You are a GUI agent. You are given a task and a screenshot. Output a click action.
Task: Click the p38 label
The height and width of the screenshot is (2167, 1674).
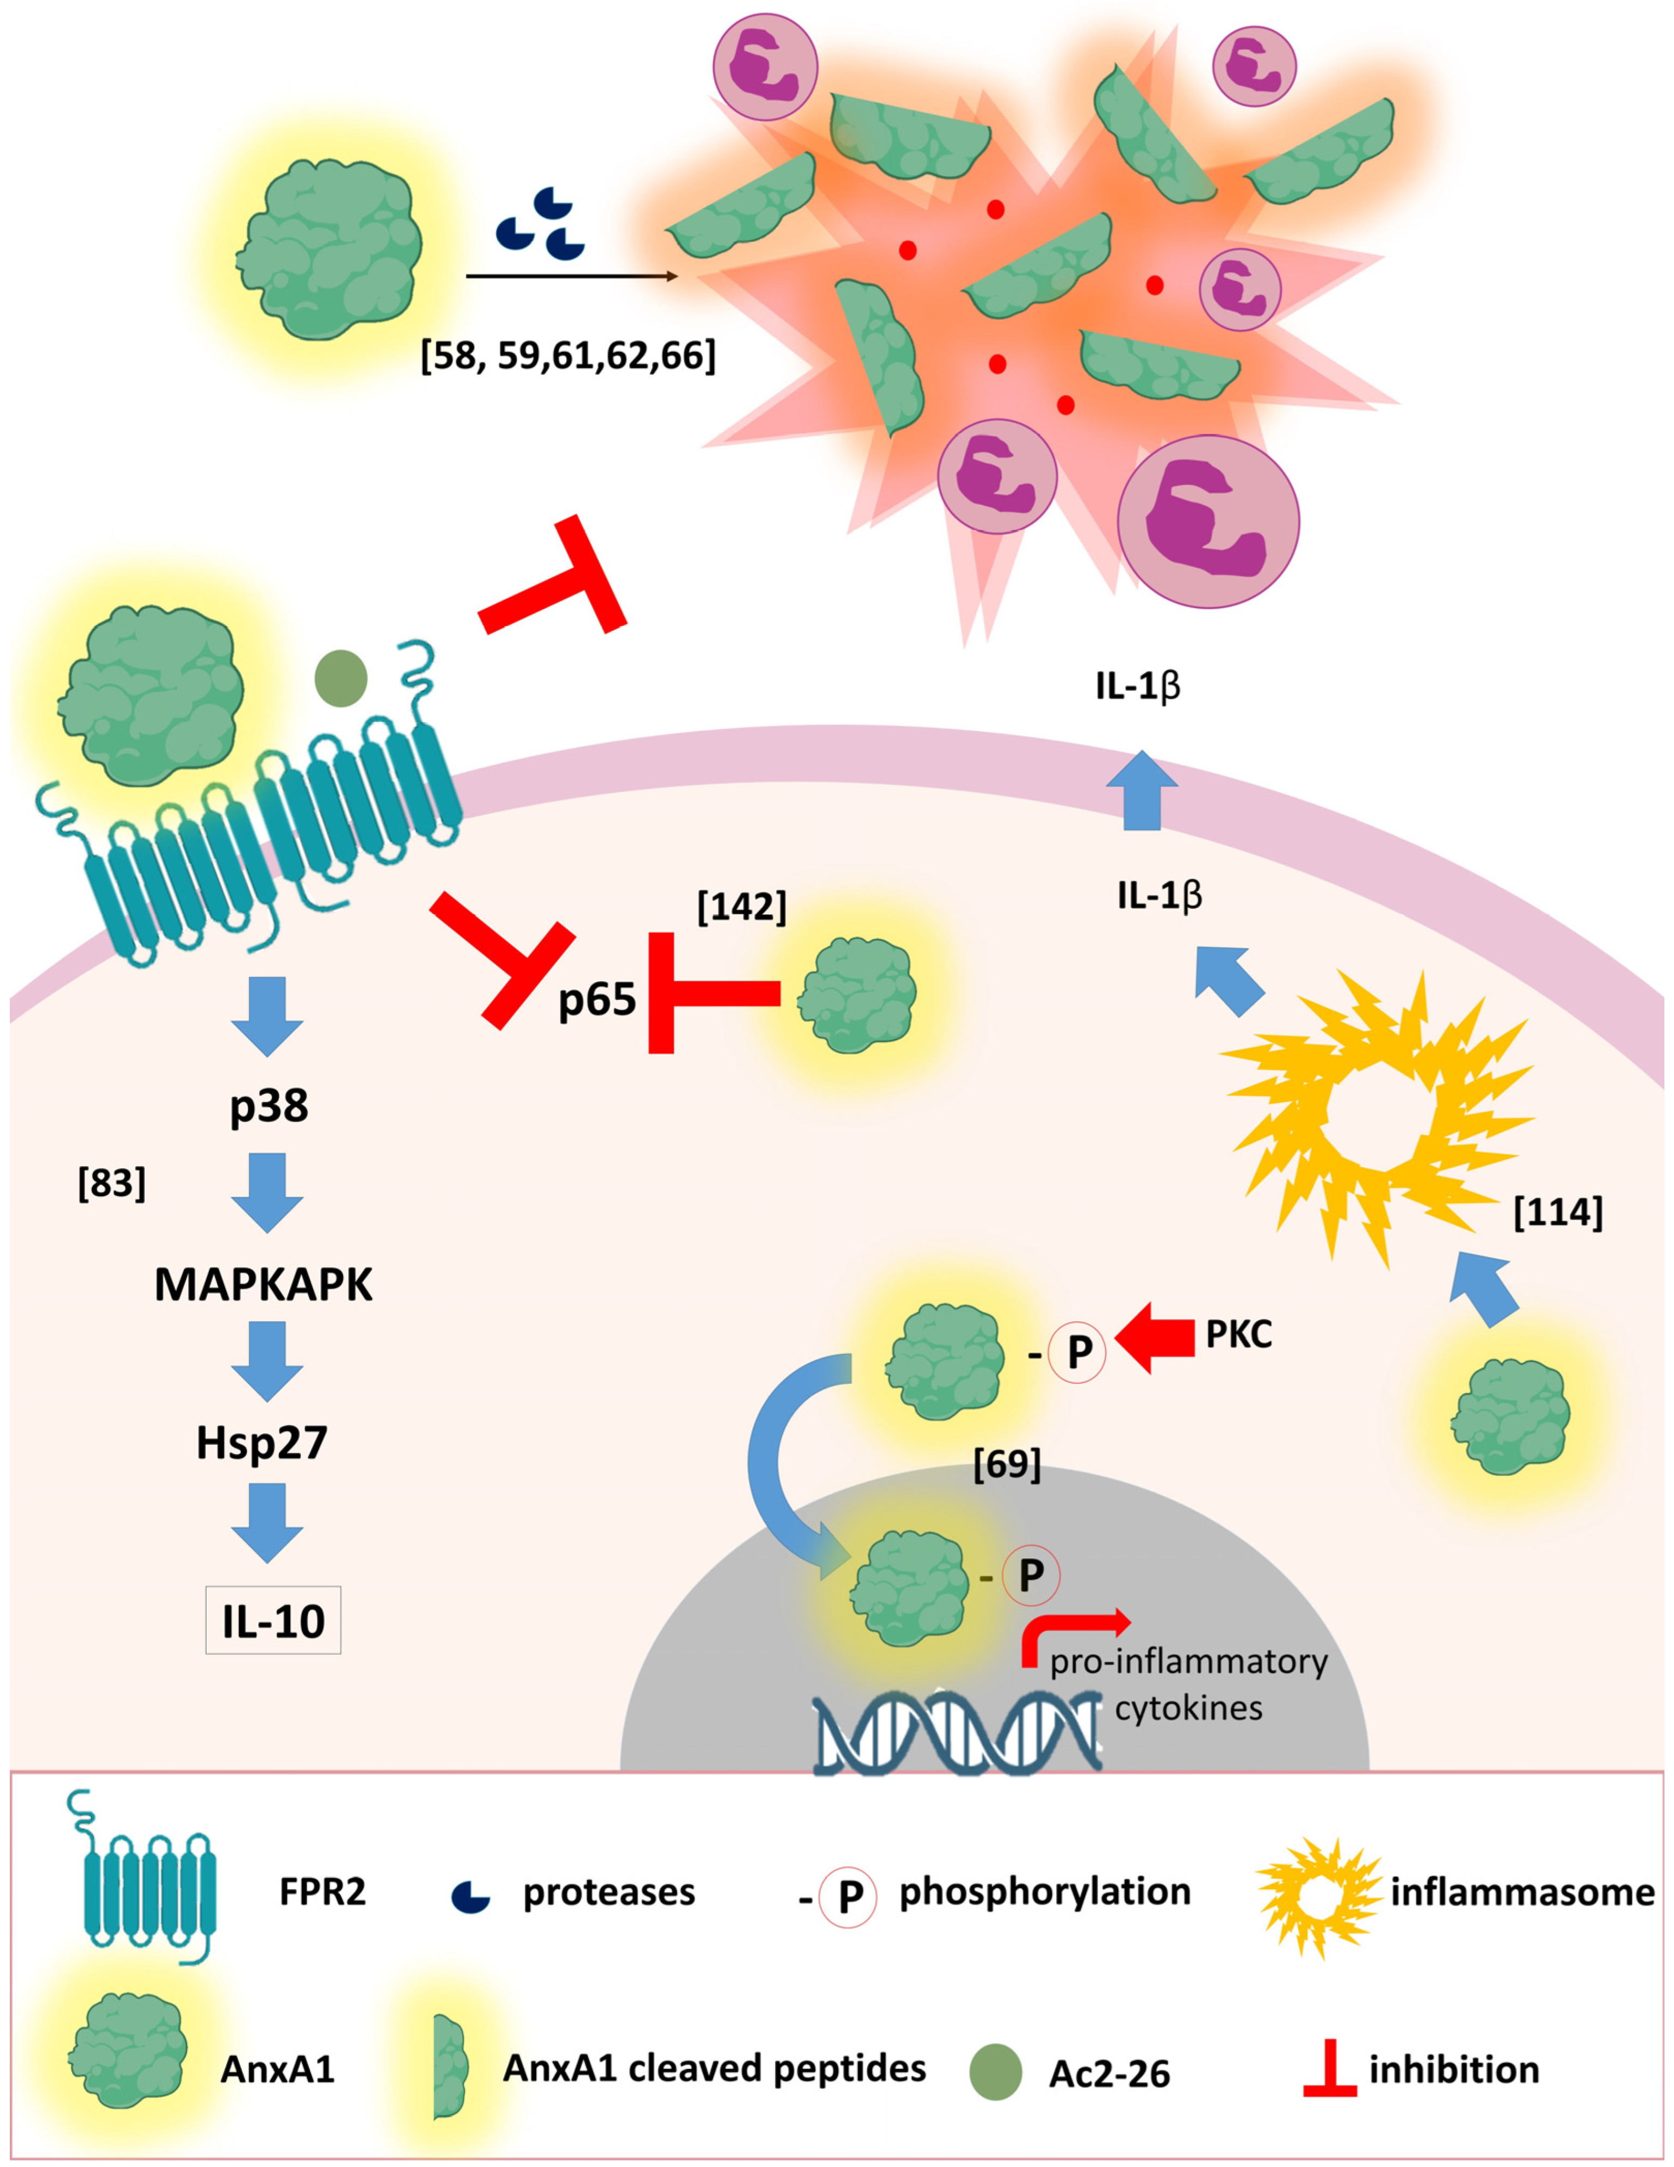coord(269,1105)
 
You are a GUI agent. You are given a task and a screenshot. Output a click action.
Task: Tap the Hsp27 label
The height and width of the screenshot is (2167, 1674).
coord(262,1442)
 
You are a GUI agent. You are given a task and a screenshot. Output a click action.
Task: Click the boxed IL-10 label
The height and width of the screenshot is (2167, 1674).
coord(273,1620)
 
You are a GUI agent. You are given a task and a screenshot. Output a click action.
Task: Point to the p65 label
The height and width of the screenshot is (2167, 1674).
coord(597,998)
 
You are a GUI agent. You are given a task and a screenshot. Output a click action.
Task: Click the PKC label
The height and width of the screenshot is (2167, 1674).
coord(1238,1335)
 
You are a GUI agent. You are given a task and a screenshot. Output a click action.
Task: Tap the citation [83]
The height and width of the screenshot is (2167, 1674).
coord(112,1182)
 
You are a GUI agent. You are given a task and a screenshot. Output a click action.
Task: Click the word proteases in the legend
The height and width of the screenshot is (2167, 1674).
coord(609,1892)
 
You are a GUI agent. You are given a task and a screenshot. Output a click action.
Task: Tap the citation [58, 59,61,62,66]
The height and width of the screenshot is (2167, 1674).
coord(568,355)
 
